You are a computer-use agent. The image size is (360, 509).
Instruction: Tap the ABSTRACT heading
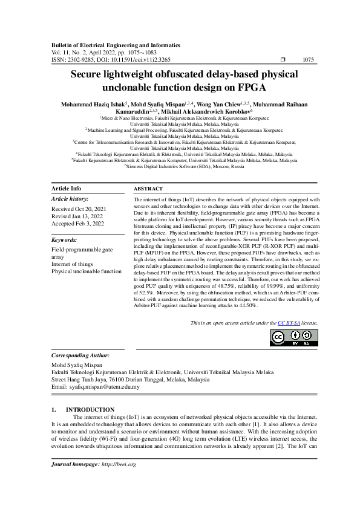(148, 189)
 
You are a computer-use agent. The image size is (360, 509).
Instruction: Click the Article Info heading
(67, 189)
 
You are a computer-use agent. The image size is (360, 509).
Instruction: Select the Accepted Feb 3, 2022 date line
(77, 223)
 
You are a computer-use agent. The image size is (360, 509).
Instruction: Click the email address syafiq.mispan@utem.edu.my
(104, 387)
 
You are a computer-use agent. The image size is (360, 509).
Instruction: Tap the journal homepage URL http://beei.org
(119, 464)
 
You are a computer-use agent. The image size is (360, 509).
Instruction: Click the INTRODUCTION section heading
(90, 410)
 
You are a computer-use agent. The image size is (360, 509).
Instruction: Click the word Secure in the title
(90, 74)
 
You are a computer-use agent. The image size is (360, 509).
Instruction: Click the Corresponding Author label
(80, 356)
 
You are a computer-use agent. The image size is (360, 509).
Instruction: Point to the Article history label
(70, 199)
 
